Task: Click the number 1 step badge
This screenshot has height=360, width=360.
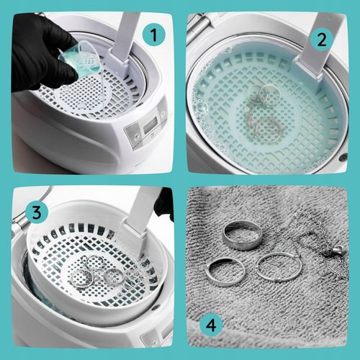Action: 154,36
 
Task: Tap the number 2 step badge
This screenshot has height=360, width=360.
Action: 322,40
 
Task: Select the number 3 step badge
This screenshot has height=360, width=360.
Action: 37,213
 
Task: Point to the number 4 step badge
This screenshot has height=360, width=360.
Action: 212,325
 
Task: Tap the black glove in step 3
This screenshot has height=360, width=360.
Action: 165,203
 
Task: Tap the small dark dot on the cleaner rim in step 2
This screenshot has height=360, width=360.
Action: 343,157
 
